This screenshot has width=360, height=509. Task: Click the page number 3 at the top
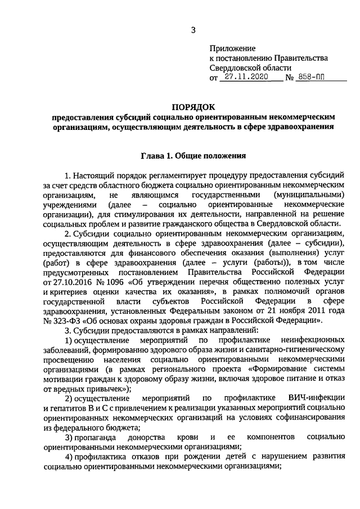pyautogui.click(x=192, y=29)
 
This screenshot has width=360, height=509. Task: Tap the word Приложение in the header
pyautogui.click(x=232, y=49)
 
